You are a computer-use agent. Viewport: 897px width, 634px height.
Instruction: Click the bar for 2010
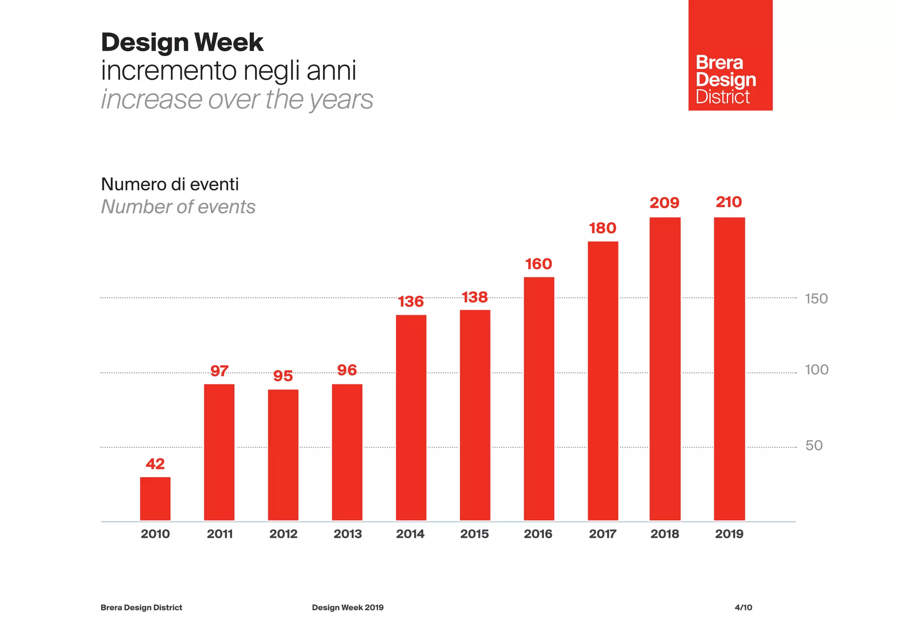tap(155, 499)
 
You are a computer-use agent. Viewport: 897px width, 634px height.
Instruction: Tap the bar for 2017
tap(603, 380)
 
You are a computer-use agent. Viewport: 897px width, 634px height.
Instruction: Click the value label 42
tap(155, 464)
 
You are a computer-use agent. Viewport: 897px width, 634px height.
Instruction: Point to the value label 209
tap(664, 203)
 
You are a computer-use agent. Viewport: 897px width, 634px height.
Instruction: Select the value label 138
tap(475, 297)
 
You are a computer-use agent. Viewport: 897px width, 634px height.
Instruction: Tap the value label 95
tap(283, 376)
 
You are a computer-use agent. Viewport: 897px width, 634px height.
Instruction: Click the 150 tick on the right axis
tap(816, 299)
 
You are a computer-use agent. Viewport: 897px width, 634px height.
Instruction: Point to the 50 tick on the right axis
tap(814, 445)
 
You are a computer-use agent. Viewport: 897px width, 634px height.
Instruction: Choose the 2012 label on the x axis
tap(283, 534)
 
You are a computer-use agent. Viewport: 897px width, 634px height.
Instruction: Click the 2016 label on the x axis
tap(538, 534)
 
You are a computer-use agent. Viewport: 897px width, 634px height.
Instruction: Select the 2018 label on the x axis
tap(664, 534)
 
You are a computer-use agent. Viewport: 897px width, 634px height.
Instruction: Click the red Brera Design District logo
tap(730, 56)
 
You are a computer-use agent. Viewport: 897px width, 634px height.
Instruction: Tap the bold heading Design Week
tap(182, 42)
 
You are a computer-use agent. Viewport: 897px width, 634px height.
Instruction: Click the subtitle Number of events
tap(178, 207)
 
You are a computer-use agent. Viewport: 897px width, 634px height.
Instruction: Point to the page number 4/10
tap(743, 607)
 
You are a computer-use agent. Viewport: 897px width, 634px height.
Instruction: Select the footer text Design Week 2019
tap(347, 607)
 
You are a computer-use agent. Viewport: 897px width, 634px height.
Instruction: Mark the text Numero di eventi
tap(170, 184)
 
